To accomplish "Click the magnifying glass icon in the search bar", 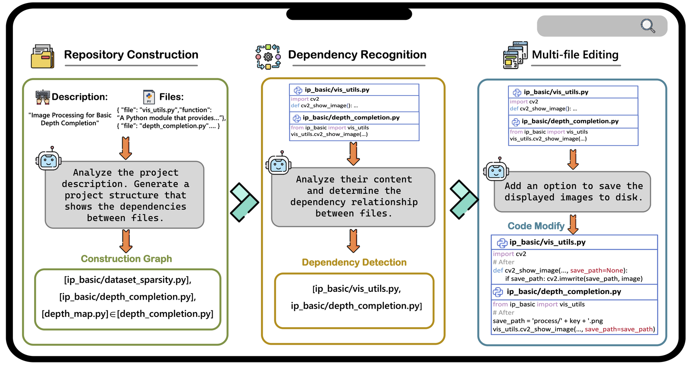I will pos(647,26).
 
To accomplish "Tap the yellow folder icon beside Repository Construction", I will pos(42,56).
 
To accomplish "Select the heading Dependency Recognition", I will pos(357,55).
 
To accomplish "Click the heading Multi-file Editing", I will pos(575,55).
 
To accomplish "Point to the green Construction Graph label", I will pos(126,259).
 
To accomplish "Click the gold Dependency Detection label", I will pos(354,262).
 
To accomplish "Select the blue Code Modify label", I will pos(536,226).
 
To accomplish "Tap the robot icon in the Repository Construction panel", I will pos(48,160).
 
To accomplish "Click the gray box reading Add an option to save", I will pos(572,192).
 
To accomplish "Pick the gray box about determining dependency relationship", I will pos(353,197).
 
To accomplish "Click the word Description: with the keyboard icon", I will pos(79,97).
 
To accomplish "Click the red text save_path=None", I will pos(598,270).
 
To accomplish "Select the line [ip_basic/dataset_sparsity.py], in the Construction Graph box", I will pos(128,280).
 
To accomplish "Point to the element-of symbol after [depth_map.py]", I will pos(113,314).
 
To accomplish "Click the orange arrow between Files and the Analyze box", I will pos(125,148).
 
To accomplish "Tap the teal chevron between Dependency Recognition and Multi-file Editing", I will pos(464,199).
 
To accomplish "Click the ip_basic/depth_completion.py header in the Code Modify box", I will pos(563,291).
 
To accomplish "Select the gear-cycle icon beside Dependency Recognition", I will pos(268,56).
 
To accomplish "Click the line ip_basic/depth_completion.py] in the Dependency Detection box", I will pos(356,306).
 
